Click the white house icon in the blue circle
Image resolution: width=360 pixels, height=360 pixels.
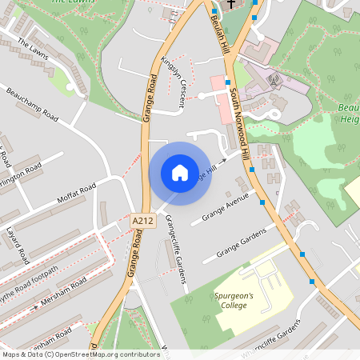(179, 173)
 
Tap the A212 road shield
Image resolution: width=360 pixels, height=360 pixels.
(142, 219)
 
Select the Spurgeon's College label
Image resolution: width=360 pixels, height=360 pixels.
(234, 300)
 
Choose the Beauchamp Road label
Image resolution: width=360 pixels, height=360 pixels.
(32, 105)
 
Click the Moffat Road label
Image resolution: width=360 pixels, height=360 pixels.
(77, 193)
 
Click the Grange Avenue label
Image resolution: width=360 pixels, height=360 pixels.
(226, 207)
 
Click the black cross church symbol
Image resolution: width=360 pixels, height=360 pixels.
(232, 3)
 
